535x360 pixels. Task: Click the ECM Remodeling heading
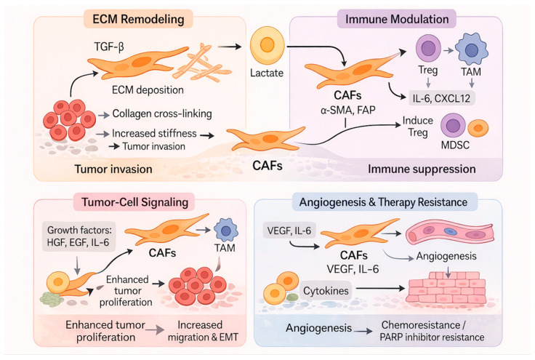click(138, 19)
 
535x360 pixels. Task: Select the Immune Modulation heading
click(397, 19)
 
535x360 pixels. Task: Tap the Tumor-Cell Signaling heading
click(134, 202)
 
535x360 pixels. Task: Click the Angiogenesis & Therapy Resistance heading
click(383, 202)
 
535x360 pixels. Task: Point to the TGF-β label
click(109, 46)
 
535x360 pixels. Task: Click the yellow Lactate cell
click(267, 45)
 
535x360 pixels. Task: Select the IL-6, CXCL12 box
click(441, 98)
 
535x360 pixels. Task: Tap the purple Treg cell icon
click(428, 48)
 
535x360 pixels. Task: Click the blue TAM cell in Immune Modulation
click(472, 49)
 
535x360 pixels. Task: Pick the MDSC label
click(455, 145)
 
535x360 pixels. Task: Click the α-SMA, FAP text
click(347, 111)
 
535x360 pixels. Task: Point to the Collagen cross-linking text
click(162, 113)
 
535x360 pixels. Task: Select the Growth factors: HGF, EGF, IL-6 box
click(79, 236)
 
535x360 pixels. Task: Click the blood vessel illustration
click(450, 233)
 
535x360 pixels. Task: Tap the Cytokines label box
click(326, 291)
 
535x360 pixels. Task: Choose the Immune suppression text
click(422, 169)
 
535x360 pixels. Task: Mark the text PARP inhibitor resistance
click(432, 337)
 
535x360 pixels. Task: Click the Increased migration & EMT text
click(203, 331)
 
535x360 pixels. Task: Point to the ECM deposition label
click(148, 90)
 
